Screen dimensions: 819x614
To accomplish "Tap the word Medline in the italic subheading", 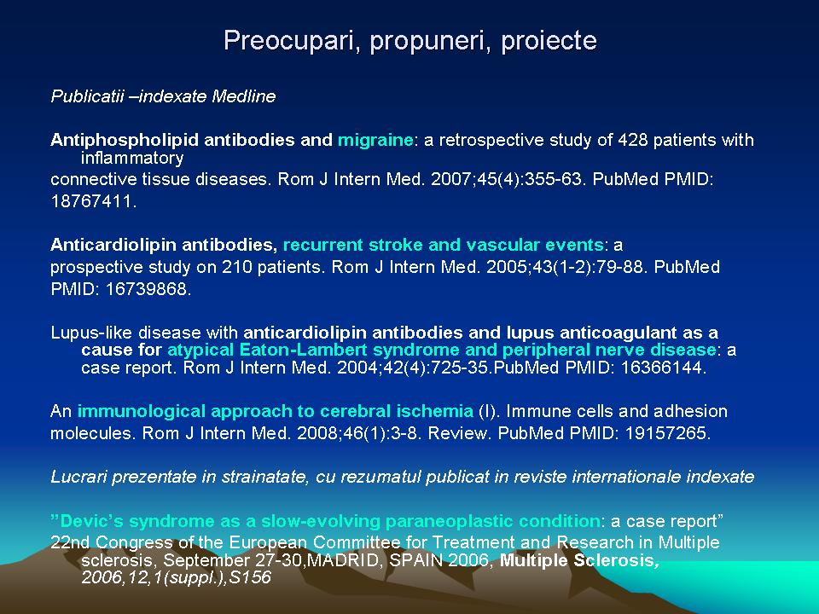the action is [243, 96].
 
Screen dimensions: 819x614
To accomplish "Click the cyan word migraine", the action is [375, 140].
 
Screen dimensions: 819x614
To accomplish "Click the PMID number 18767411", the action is [93, 201].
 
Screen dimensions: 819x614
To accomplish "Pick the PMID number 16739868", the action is [148, 289].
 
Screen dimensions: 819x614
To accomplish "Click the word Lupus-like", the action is [92, 333].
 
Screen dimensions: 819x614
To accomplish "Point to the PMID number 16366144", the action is [663, 368].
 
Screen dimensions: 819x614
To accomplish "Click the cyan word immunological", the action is [142, 411].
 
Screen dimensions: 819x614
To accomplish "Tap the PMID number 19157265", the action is [667, 433].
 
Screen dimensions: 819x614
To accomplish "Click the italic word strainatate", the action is [266, 477].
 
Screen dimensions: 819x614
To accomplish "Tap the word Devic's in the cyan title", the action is [92, 521].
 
